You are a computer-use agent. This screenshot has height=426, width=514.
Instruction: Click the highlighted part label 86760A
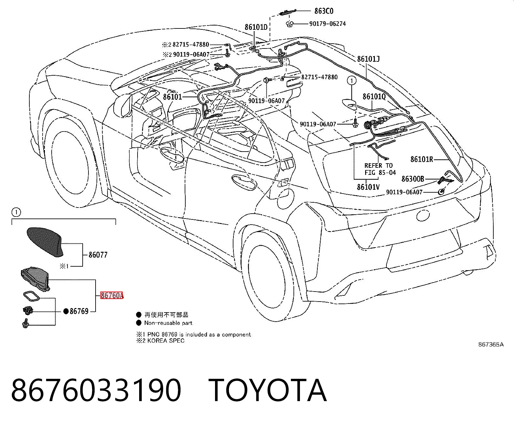click(112, 295)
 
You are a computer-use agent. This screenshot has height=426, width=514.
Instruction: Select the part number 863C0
click(324, 11)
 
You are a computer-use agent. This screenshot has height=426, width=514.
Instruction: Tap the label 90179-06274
click(327, 24)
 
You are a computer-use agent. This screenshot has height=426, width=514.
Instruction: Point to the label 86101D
click(256, 27)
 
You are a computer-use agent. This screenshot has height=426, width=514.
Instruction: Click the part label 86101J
click(368, 59)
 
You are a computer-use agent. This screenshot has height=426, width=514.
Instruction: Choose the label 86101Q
click(374, 96)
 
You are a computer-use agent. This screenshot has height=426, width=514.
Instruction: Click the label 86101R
click(422, 159)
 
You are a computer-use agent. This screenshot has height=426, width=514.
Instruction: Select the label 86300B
click(413, 179)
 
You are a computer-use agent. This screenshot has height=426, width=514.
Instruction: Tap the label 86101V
click(368, 187)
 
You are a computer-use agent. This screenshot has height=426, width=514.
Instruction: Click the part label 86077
click(98, 255)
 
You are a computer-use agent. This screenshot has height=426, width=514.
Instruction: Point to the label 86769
click(79, 311)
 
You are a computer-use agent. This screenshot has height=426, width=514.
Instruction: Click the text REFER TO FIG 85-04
click(380, 169)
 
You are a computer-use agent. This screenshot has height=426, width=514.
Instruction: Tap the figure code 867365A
click(491, 345)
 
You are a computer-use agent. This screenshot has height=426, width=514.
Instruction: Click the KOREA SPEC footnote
click(160, 340)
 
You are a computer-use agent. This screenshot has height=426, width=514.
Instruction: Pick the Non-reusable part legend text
click(168, 323)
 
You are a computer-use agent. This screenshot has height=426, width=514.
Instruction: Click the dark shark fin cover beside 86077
click(45, 242)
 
